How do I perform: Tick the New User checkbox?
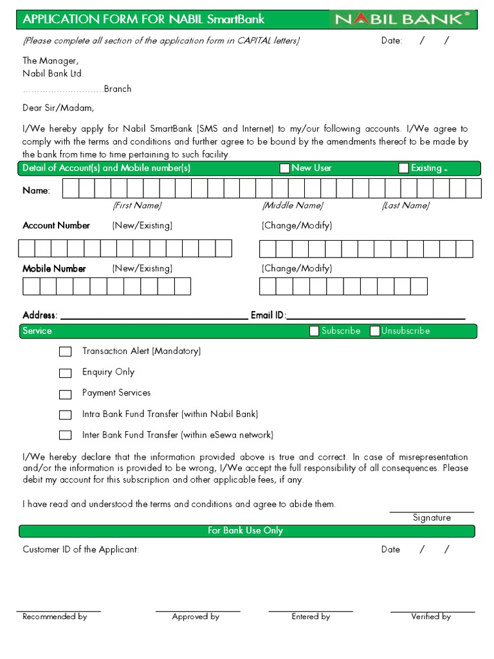[x=284, y=169]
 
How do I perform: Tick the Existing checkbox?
[x=403, y=169]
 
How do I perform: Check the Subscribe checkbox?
[x=314, y=331]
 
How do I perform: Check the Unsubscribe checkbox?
[x=374, y=331]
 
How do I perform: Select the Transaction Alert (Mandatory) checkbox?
[x=65, y=352]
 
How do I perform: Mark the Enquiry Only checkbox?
[x=65, y=373]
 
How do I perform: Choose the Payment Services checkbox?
[x=65, y=394]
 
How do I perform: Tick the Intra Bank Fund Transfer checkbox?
[x=65, y=415]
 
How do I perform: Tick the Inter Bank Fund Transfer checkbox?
[x=65, y=435]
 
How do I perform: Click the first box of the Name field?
[x=70, y=189]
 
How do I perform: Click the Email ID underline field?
[x=376, y=315]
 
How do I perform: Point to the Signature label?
[x=432, y=517]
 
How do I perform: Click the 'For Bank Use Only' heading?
[x=245, y=531]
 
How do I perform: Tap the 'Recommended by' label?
[x=55, y=617]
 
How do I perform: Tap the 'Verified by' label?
[x=431, y=617]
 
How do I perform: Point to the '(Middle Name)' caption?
[x=292, y=205]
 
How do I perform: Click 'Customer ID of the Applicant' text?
[x=80, y=550]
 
